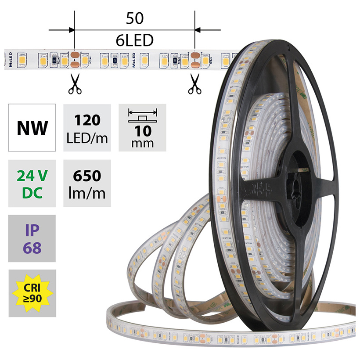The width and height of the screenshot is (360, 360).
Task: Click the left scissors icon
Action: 74,84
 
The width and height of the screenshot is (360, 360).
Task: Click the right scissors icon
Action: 194,84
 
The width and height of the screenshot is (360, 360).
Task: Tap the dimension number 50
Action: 135,19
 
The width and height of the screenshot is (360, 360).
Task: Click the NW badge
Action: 32,128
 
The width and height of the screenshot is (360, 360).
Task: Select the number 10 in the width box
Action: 142,130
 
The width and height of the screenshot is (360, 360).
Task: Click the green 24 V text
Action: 32,176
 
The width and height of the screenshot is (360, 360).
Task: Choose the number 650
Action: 87,176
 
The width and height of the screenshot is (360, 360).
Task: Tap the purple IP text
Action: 32,230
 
